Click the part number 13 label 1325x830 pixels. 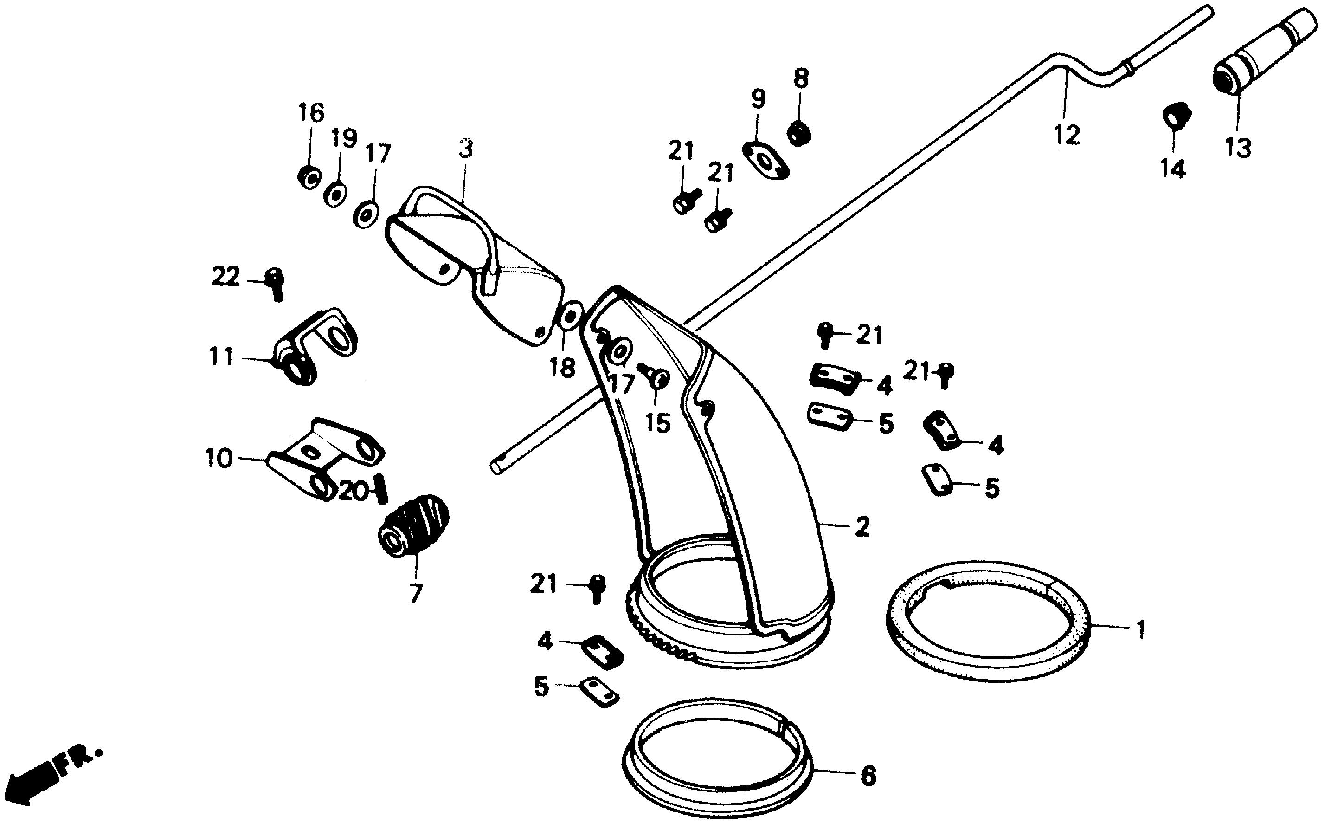point(1238,148)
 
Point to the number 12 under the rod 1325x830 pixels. point(1067,135)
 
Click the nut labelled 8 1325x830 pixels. point(799,132)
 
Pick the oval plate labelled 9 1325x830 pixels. point(765,160)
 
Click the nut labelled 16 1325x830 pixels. point(310,177)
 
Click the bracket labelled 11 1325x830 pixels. point(315,346)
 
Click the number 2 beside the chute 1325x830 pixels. point(862,527)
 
